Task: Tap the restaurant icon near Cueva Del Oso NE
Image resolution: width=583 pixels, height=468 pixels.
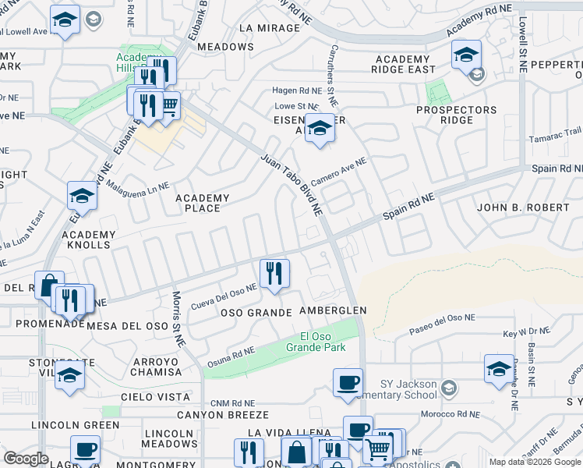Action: [x=274, y=274]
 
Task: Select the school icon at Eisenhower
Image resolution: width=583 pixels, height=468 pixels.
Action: [x=319, y=127]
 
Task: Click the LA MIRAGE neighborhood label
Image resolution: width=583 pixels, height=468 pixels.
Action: [x=270, y=28]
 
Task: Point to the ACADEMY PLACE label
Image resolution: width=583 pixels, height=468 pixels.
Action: [x=203, y=204]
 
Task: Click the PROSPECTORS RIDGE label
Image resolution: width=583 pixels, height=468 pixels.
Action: [x=456, y=115]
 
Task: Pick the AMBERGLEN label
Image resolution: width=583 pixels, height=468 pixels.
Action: [x=333, y=310]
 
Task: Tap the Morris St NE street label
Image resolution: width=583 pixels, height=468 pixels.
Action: [x=178, y=319]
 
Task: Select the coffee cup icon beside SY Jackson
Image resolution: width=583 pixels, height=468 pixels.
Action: [x=348, y=382]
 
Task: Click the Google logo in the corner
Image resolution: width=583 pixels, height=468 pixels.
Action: [x=26, y=459]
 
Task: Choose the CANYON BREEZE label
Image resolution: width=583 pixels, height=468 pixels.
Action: [x=222, y=415]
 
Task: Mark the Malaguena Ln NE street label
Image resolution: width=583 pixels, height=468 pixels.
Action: [x=138, y=187]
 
